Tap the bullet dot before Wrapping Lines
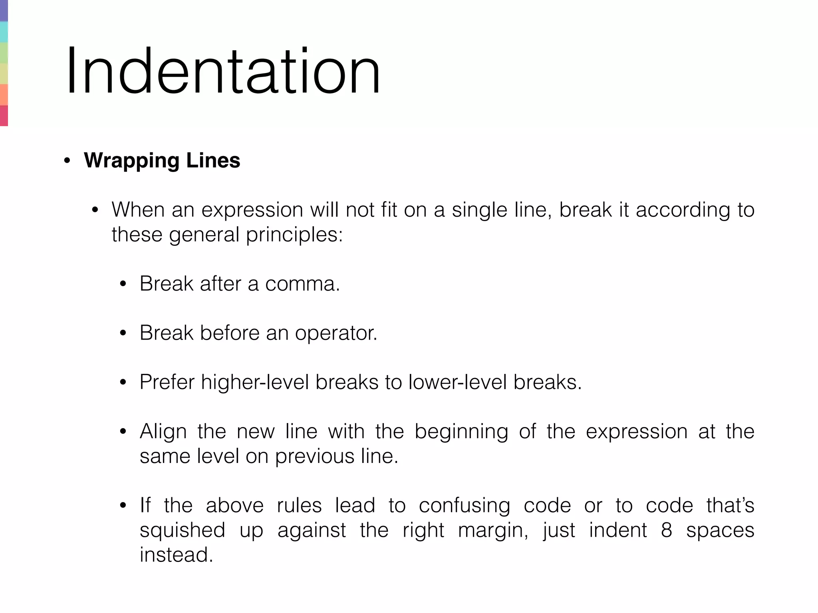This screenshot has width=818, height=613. pos(67,161)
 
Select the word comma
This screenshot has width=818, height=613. pos(302,284)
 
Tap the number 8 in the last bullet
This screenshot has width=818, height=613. pos(667,530)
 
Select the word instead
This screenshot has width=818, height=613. pos(176,555)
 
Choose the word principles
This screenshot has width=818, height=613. pos(294,235)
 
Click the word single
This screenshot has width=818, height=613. pos(479,210)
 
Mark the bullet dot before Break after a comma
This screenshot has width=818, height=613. pos(123,284)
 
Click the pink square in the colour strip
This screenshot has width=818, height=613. pos(4,116)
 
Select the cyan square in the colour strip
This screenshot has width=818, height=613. pos(4,32)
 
